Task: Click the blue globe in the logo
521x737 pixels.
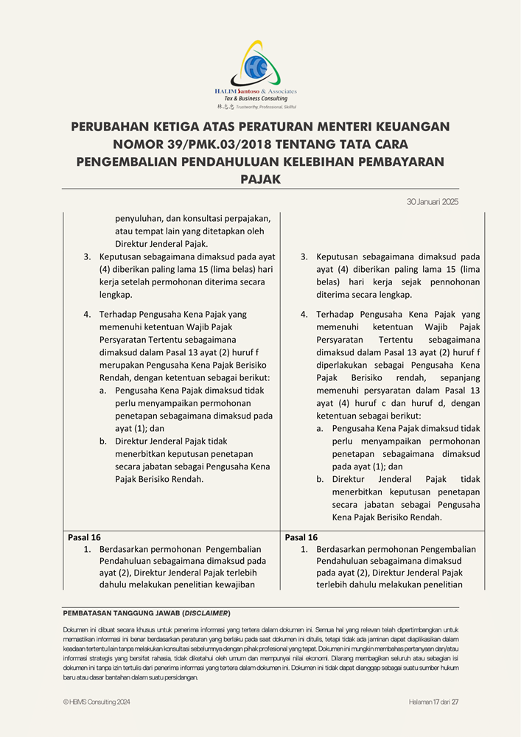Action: pyautogui.click(x=256, y=68)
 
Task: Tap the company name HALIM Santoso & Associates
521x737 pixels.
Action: pyautogui.click(x=255, y=91)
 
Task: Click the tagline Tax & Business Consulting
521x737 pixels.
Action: pyautogui.click(x=256, y=99)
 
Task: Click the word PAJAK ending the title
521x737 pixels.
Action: pyautogui.click(x=260, y=178)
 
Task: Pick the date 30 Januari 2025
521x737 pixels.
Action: pyautogui.click(x=433, y=202)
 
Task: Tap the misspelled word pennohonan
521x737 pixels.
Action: pyautogui.click(x=455, y=282)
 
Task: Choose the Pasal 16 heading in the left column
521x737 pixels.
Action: pyautogui.click(x=84, y=537)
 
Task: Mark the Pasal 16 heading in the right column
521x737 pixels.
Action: pyautogui.click(x=301, y=537)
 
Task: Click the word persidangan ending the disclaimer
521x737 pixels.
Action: pyautogui.click(x=180, y=677)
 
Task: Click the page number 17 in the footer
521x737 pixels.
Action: pyautogui.click(x=437, y=702)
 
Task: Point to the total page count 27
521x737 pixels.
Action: pyautogui.click(x=455, y=702)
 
